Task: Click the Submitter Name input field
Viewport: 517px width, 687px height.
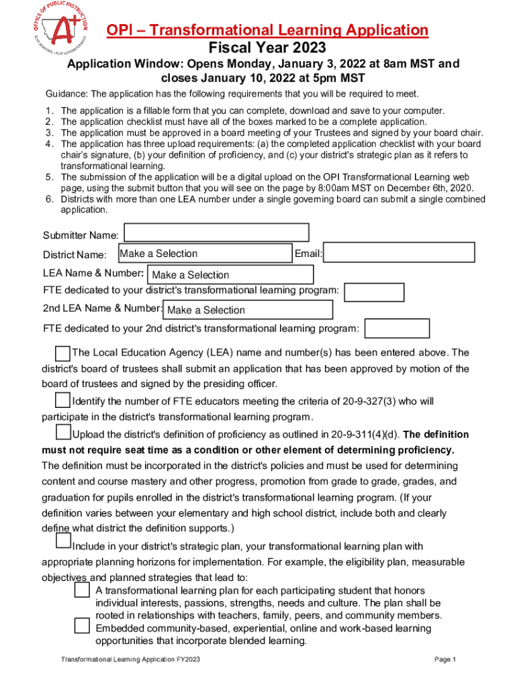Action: (x=217, y=233)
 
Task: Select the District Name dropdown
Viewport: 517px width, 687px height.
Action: (x=204, y=253)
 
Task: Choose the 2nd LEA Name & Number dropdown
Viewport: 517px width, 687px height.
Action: (x=248, y=310)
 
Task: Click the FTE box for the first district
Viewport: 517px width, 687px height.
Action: (x=374, y=293)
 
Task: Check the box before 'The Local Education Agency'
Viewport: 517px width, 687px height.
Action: (x=62, y=353)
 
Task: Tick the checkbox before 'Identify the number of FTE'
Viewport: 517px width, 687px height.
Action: (x=62, y=401)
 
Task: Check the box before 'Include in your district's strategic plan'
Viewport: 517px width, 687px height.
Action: (x=63, y=540)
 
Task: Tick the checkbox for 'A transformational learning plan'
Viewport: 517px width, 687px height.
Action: (x=82, y=590)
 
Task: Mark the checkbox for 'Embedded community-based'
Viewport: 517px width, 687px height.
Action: (x=82, y=626)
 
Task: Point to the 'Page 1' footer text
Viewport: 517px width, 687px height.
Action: (x=445, y=659)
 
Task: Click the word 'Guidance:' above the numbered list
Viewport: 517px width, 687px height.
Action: (x=66, y=93)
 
